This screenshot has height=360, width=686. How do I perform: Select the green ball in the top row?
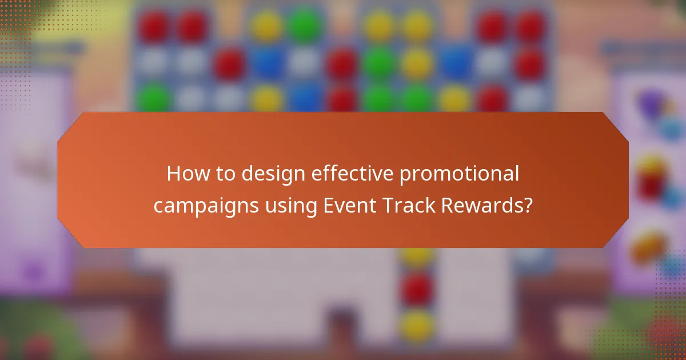click(305, 25)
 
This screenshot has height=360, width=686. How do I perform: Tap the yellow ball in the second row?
click(416, 63)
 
